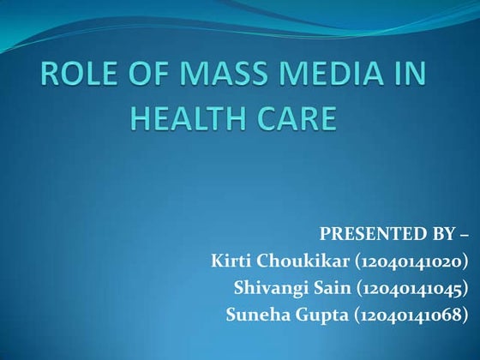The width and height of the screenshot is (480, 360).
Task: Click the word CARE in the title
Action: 294,120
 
